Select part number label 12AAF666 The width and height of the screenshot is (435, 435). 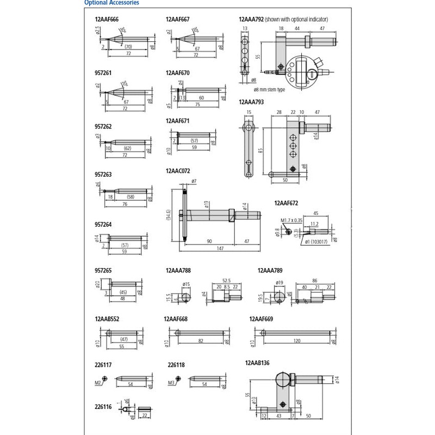(107, 19)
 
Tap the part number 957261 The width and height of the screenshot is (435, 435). (103, 73)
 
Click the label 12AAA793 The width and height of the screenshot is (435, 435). (251, 101)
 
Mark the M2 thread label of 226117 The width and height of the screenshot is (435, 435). (98, 383)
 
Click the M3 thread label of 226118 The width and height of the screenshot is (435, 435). (170, 383)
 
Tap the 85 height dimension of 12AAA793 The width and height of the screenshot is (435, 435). (261, 150)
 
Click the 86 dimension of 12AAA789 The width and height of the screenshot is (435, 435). (314, 281)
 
